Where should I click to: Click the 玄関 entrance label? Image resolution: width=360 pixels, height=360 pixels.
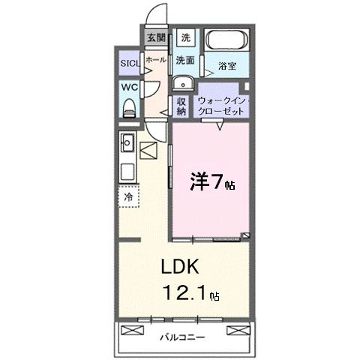[156, 37]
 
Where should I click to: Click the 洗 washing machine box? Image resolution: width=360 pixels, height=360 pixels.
[186, 37]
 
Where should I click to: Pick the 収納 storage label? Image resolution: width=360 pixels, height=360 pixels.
[181, 106]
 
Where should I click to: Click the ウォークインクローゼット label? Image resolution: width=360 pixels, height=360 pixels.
[221, 105]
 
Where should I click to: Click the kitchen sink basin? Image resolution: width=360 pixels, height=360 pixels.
[127, 140]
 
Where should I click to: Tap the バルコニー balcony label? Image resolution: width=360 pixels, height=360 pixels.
[182, 337]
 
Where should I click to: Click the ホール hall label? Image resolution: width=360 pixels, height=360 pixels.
[156, 58]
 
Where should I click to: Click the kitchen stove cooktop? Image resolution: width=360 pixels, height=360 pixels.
[127, 169]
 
